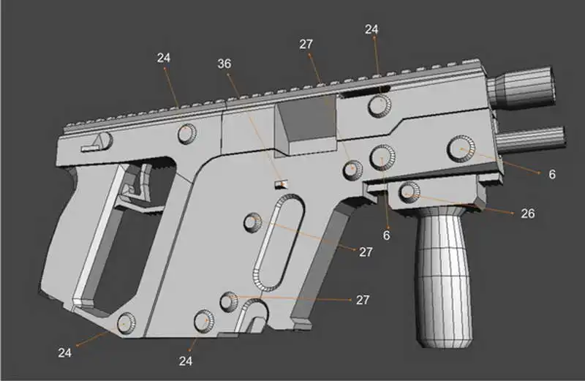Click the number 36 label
coord(224,64)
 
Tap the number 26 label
coord(527,214)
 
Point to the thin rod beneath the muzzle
coord(529,139)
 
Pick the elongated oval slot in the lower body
coord(279,242)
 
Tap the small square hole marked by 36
coord(281,184)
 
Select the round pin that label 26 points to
coord(408,192)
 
